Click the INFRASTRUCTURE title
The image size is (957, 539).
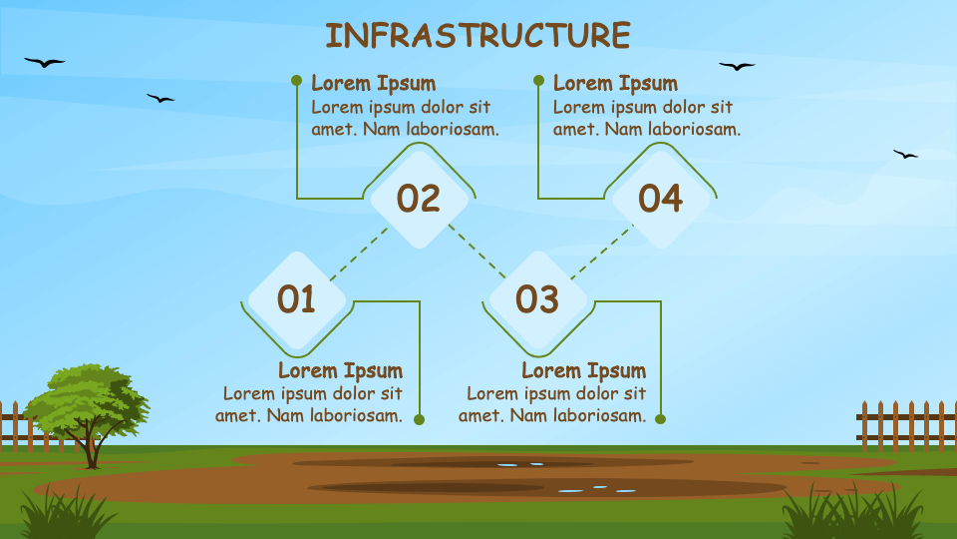[x=478, y=36]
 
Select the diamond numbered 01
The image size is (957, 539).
[x=297, y=300]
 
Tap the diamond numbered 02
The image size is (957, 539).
[x=420, y=200]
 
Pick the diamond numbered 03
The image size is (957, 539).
[x=537, y=300]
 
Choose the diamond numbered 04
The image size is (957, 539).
[x=661, y=200]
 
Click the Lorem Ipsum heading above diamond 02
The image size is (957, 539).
[x=374, y=83]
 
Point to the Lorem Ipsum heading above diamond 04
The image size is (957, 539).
[x=615, y=83]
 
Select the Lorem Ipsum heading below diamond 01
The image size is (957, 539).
[x=341, y=370]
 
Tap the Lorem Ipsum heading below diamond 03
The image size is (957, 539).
[x=584, y=370]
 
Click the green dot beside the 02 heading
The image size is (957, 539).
[x=297, y=80]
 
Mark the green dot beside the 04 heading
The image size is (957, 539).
[x=538, y=80]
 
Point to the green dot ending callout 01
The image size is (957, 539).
[x=419, y=419]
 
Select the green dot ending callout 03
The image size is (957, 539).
[x=660, y=418]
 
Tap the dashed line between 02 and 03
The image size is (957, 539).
[x=478, y=252]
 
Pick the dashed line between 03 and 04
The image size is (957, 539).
[x=602, y=252]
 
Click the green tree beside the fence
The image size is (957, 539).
[x=88, y=409]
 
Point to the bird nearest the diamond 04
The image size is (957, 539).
[x=737, y=66]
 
